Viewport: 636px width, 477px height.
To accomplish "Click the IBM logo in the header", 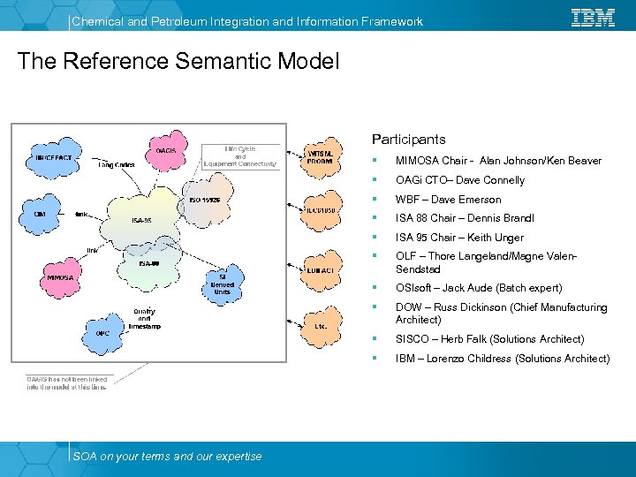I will click(593, 18).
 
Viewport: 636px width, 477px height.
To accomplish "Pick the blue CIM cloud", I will click(41, 214).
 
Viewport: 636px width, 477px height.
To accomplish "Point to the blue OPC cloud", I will click(102, 333).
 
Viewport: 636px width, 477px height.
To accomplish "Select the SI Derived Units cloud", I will click(221, 284).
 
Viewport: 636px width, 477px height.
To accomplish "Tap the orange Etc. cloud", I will click(321, 325).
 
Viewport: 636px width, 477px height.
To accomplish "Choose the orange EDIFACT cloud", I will click(321, 269).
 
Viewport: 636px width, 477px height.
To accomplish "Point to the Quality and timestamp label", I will click(144, 318).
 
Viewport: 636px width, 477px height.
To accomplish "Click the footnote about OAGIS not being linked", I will click(66, 382).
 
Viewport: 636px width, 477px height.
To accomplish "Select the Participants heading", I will click(408, 140).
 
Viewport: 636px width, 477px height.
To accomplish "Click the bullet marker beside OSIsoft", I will click(375, 288).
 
